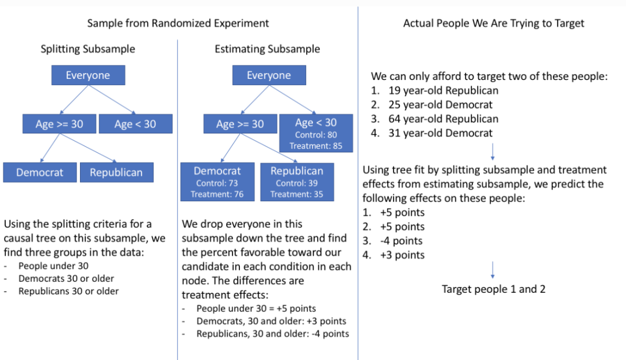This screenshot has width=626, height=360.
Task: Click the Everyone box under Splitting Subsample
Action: click(x=88, y=75)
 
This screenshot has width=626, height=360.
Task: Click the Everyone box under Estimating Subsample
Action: click(x=269, y=75)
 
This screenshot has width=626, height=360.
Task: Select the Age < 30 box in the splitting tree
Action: click(x=136, y=123)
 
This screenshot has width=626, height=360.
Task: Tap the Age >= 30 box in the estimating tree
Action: click(x=241, y=123)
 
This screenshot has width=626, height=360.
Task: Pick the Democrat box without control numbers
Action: click(x=40, y=172)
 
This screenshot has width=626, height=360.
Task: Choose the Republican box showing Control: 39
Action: click(x=297, y=181)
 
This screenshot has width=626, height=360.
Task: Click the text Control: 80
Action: click(x=316, y=135)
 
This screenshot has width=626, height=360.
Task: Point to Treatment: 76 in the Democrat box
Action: click(x=217, y=194)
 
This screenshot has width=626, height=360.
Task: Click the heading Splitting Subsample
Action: click(x=88, y=49)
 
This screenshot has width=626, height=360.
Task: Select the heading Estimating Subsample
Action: click(x=267, y=49)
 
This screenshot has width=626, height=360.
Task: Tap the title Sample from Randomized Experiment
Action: click(x=178, y=23)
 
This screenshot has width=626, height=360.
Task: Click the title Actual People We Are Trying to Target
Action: click(x=493, y=23)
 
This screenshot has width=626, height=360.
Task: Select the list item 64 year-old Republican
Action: click(x=443, y=119)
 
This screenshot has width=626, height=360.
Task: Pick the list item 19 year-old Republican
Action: click(x=443, y=90)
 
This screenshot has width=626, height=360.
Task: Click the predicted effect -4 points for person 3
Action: click(x=401, y=241)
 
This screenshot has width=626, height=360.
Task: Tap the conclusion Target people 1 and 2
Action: click(x=493, y=289)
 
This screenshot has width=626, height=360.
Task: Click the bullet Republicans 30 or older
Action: click(x=68, y=291)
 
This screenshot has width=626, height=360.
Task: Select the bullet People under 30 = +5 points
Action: click(x=256, y=308)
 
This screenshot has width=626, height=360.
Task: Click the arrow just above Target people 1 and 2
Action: click(x=493, y=270)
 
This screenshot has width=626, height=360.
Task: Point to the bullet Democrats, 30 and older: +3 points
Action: click(x=271, y=321)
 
